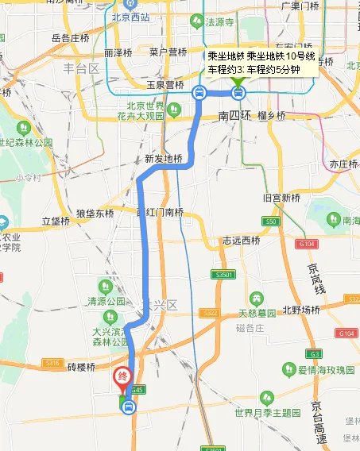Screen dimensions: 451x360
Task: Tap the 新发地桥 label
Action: click(163, 158)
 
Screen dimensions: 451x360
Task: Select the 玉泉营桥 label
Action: click(165, 85)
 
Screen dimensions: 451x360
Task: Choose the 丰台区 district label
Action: click(81, 68)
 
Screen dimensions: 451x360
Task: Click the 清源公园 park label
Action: click(107, 303)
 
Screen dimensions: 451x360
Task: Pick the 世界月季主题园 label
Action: click(273, 414)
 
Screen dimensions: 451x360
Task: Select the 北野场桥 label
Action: click(302, 310)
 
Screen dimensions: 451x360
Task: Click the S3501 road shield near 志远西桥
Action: click(223, 274)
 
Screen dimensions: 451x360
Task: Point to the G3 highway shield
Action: click(315, 353)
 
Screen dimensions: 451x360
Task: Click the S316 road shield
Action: click(52, 363)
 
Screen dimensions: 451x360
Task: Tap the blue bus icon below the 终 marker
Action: click(129, 407)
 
